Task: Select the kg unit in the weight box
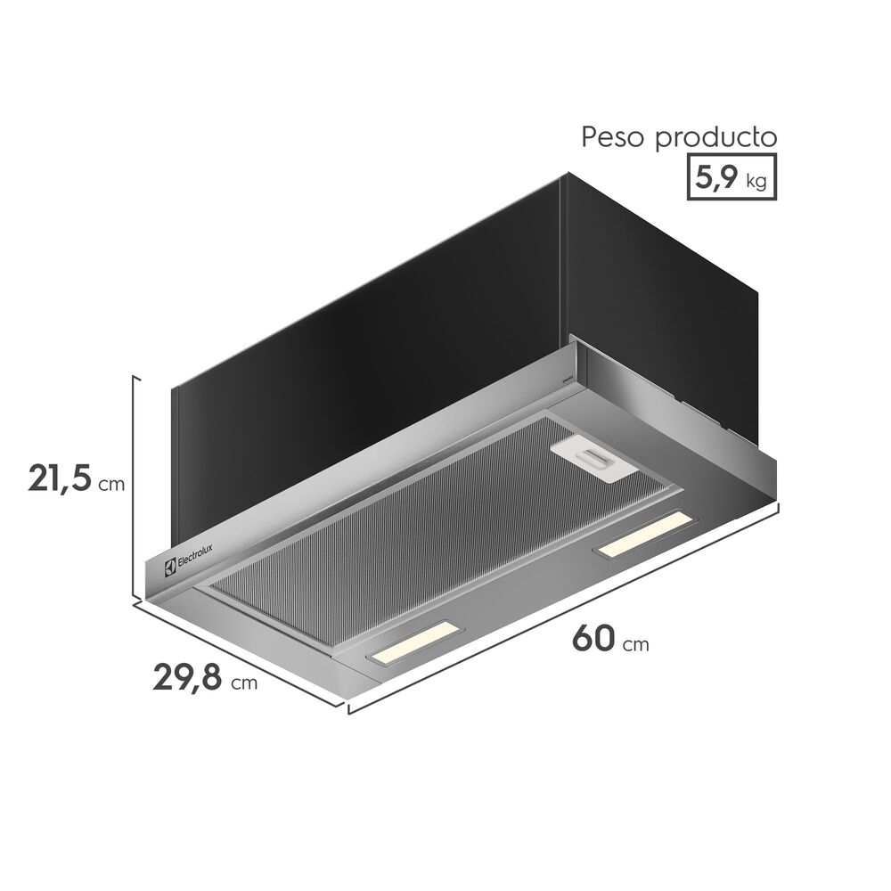click(756, 182)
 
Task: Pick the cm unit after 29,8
click(243, 684)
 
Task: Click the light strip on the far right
click(646, 536)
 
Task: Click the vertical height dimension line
click(135, 486)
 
